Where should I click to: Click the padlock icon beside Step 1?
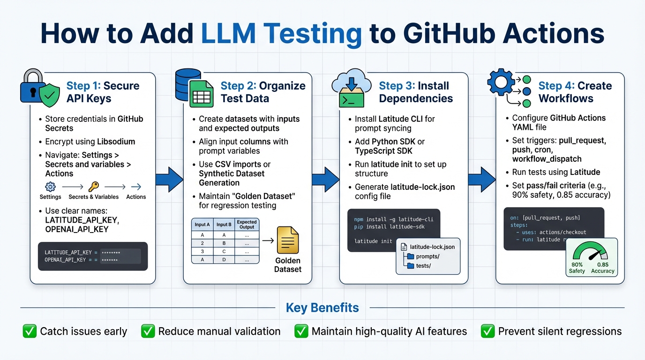[32, 85]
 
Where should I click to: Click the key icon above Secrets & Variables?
[94, 186]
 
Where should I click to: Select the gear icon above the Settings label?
[50, 187]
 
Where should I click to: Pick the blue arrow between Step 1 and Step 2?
[169, 180]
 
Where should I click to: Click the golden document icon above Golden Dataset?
[288, 240]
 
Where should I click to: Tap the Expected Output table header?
[247, 224]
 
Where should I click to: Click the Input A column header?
[202, 225]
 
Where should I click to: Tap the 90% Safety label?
[577, 268]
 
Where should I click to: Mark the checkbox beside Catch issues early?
[30, 331]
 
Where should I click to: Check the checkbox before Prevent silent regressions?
[488, 331]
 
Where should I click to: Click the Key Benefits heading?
[322, 308]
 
